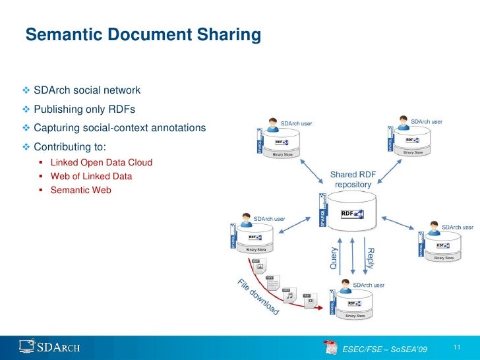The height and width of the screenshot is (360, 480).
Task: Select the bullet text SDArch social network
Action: coord(87,90)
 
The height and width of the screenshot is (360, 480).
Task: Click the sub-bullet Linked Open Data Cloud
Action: coord(102,162)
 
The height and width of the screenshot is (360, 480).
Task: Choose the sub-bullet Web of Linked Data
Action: coord(91,177)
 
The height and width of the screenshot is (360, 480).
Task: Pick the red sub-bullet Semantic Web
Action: coord(81,191)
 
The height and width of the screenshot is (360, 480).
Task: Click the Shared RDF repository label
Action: coord(353,179)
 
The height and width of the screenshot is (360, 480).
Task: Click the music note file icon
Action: coord(289,296)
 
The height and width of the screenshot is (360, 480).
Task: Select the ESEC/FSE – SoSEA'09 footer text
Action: coord(386,347)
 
